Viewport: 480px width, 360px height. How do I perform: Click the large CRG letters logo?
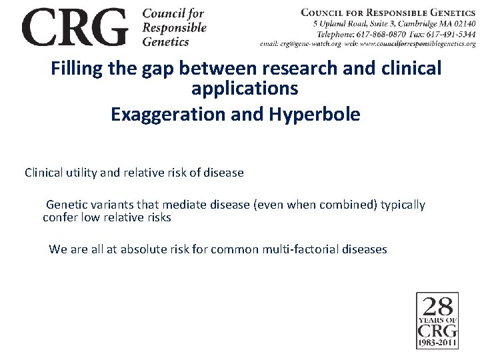point(74,27)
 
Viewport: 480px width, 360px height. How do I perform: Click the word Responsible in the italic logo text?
point(174,28)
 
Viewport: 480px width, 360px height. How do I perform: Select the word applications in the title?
point(244,88)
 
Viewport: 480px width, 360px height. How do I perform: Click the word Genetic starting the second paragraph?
point(67,205)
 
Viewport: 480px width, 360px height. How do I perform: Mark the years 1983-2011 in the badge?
point(437,343)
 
